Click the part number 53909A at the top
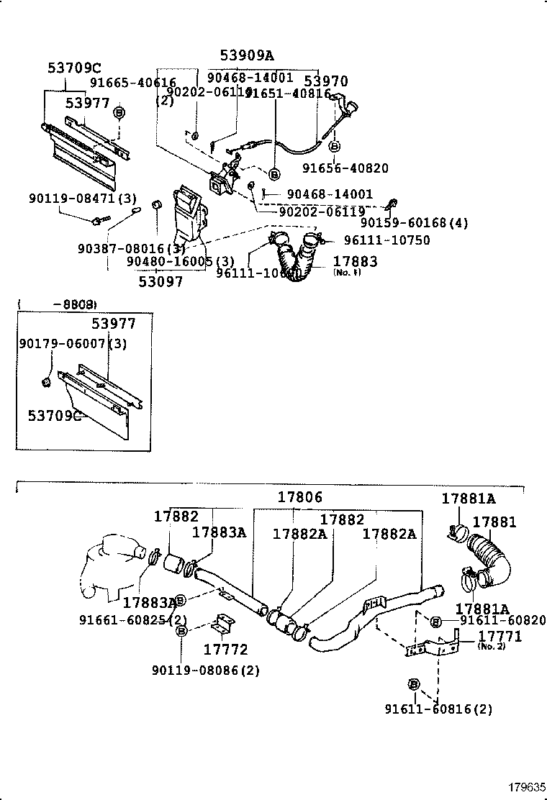(247, 55)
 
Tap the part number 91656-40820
(345, 168)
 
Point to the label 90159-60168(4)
(414, 223)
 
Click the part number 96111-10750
(386, 240)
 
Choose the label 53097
(161, 281)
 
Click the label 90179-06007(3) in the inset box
(72, 344)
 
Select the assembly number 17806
(300, 497)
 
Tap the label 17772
(226, 650)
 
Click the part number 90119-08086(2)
(206, 671)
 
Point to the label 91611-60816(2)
(438, 709)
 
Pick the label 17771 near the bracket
(499, 636)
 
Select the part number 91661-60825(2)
(133, 619)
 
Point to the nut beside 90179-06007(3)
(47, 379)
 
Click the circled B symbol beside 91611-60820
(435, 620)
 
